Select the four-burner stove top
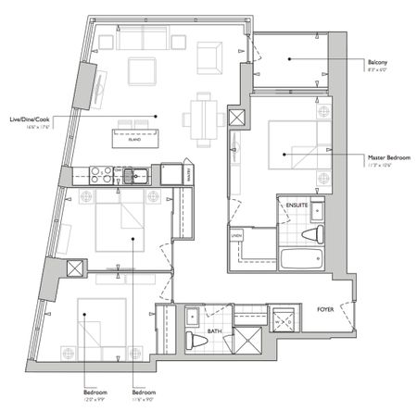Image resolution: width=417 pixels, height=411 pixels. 101,173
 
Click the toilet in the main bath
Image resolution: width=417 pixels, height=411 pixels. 196,339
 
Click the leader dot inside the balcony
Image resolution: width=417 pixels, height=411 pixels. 290,59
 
